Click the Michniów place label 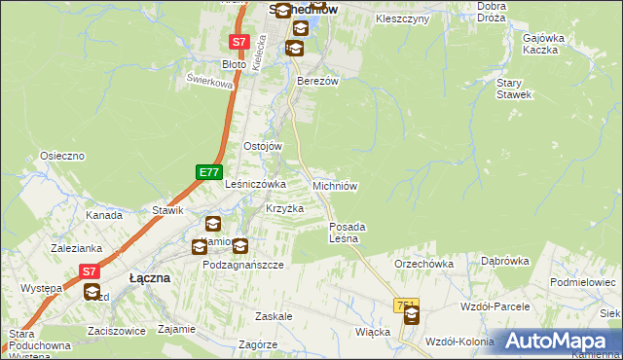(x=337, y=185)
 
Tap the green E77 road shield (x=207, y=172)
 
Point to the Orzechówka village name (x=424, y=264)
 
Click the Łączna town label (x=150, y=278)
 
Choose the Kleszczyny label (x=402, y=18)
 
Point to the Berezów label (x=317, y=82)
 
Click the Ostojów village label (x=262, y=146)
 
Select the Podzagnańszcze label (x=242, y=265)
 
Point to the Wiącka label (x=373, y=332)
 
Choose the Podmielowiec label (x=583, y=282)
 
